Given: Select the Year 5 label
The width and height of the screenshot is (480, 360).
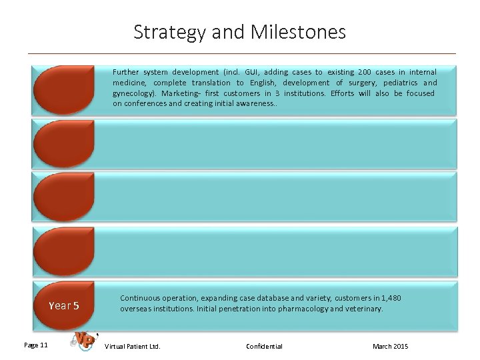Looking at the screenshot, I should coord(64,305).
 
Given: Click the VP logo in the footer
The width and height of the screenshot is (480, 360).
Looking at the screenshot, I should coord(83,341).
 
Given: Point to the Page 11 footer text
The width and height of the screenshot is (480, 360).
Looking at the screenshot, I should coord(35,345).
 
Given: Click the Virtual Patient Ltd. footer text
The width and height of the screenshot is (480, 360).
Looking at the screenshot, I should coord(133,346).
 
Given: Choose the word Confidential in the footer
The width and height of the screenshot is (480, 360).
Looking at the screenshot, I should coord(264,346).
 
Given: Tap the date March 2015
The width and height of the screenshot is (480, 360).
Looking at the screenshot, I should coord(391,346).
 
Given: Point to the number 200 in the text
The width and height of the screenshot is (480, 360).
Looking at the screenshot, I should coord(365,72).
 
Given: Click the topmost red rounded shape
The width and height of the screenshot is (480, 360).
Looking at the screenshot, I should coord(64,89).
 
